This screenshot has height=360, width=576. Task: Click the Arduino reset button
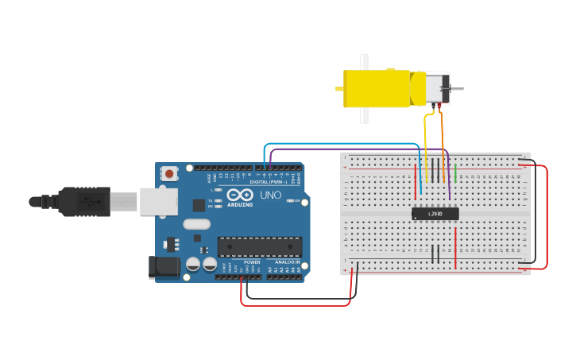point(169,173)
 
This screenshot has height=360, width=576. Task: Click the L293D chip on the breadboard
point(435,213)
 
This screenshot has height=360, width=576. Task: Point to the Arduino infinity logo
point(240,195)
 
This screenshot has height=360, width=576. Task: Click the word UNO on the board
point(270,195)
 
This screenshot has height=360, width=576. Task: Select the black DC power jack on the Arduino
point(164,267)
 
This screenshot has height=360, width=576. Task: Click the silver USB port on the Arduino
point(158,202)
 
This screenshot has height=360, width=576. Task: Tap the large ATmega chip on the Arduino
point(260,247)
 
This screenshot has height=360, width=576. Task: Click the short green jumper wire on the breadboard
point(455,172)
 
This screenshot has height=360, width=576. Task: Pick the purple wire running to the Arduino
point(358,149)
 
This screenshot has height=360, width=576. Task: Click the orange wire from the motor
point(443,143)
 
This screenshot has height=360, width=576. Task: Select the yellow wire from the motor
point(426,143)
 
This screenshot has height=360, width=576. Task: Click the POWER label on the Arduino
point(252,262)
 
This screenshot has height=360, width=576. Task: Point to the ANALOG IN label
point(287,262)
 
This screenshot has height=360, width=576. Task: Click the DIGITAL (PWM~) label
point(269,182)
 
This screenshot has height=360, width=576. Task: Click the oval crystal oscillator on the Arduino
point(196,224)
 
